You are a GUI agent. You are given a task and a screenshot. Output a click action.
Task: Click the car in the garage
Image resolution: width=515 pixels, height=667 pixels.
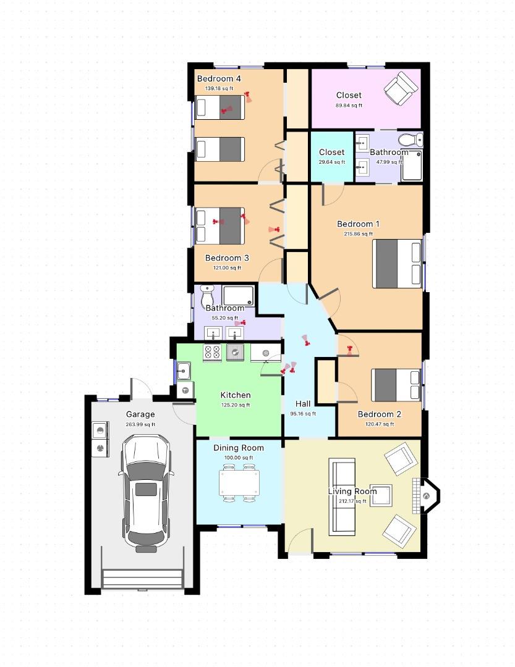(x=146, y=493)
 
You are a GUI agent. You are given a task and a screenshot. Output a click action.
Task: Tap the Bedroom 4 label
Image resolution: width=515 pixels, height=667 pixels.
(x=219, y=78)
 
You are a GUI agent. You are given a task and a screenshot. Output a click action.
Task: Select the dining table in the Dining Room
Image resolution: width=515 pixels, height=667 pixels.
(x=239, y=483)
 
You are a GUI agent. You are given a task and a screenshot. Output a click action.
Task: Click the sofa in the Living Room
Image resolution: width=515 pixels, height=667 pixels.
(x=342, y=497)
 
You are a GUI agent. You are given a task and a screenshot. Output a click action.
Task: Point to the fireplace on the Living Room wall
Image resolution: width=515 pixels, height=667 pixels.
(x=426, y=495)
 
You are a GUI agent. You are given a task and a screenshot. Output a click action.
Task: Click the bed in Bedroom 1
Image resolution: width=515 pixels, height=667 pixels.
(x=397, y=264)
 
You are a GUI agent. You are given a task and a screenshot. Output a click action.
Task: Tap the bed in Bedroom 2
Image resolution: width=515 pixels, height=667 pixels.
(x=396, y=385)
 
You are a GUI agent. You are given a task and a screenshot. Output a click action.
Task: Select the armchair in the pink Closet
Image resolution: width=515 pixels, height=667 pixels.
(x=401, y=88)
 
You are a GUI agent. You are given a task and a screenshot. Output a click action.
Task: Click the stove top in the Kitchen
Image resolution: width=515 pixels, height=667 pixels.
(x=212, y=352)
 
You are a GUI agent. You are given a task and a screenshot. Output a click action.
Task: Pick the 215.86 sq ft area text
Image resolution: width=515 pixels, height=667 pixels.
(x=358, y=234)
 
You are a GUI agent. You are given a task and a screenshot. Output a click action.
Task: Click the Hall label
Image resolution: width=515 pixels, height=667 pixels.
(x=303, y=404)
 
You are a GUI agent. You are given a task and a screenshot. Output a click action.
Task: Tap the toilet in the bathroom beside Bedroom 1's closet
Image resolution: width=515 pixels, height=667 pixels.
(x=411, y=139)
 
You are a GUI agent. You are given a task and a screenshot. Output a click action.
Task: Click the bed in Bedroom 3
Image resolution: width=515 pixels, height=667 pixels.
(x=220, y=225)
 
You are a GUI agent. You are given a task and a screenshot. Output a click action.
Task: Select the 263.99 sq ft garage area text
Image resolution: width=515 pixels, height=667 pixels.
(x=140, y=424)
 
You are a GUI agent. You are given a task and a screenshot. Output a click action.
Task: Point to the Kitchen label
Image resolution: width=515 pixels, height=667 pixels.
(x=236, y=395)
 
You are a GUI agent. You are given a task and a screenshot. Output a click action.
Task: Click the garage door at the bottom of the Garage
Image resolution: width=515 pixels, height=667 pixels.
(x=143, y=579)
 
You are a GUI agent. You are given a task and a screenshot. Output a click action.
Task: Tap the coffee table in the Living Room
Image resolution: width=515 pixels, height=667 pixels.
(x=381, y=495)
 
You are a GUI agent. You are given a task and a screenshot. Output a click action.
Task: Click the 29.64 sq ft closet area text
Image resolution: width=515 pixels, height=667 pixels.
(x=332, y=162)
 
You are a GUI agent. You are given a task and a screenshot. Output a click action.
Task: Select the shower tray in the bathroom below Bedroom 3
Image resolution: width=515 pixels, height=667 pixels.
(x=238, y=296)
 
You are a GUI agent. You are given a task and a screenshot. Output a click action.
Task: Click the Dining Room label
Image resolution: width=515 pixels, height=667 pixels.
(x=239, y=448)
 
